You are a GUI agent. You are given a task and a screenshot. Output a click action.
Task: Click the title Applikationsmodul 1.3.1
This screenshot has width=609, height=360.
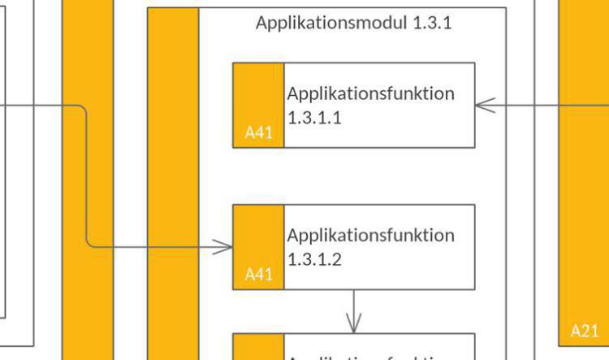[353, 23]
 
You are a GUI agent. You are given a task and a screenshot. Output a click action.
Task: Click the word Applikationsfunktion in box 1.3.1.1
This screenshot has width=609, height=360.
[370, 93]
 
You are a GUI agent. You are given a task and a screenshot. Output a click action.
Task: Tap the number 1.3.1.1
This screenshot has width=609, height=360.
[314, 117]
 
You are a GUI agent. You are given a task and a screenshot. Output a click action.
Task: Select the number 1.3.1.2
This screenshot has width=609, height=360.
[314, 259]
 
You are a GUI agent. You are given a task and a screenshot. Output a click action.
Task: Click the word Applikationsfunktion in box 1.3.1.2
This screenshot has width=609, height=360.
[370, 236]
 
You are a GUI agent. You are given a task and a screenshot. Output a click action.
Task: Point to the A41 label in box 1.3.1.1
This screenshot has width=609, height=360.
[258, 132]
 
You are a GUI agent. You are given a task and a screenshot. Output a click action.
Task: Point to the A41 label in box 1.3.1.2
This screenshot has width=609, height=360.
[258, 275]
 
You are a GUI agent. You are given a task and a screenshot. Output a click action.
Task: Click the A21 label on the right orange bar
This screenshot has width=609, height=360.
[584, 331]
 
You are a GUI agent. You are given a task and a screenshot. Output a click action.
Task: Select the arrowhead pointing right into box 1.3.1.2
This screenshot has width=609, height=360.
[224, 247]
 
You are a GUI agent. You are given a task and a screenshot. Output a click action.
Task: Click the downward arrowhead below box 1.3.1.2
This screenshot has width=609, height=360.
[353, 324]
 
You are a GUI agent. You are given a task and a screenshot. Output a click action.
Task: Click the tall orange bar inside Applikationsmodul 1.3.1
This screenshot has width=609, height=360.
[173, 179]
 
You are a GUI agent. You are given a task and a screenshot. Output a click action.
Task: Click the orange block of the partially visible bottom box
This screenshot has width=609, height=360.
[258, 347]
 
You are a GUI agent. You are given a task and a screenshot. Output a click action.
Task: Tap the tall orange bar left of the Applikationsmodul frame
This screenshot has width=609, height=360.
[88, 49]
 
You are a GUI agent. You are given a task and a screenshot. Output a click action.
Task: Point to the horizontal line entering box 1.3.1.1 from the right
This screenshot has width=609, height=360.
[528, 105]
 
